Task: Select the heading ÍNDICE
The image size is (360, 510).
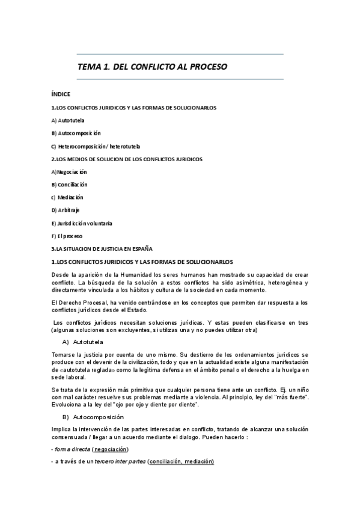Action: (61, 94)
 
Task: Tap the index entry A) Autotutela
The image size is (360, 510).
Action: (68, 120)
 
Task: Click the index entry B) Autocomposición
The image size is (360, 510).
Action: (76, 133)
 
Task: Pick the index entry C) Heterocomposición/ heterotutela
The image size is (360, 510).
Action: (96, 146)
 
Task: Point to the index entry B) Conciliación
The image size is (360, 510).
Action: (69, 185)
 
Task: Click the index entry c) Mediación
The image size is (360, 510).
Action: (67, 197)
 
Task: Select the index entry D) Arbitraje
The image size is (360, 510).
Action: (66, 210)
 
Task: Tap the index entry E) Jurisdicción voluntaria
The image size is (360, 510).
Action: (82, 223)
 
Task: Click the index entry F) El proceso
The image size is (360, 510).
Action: (67, 236)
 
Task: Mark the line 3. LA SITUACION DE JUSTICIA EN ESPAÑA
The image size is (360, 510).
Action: (102, 249)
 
